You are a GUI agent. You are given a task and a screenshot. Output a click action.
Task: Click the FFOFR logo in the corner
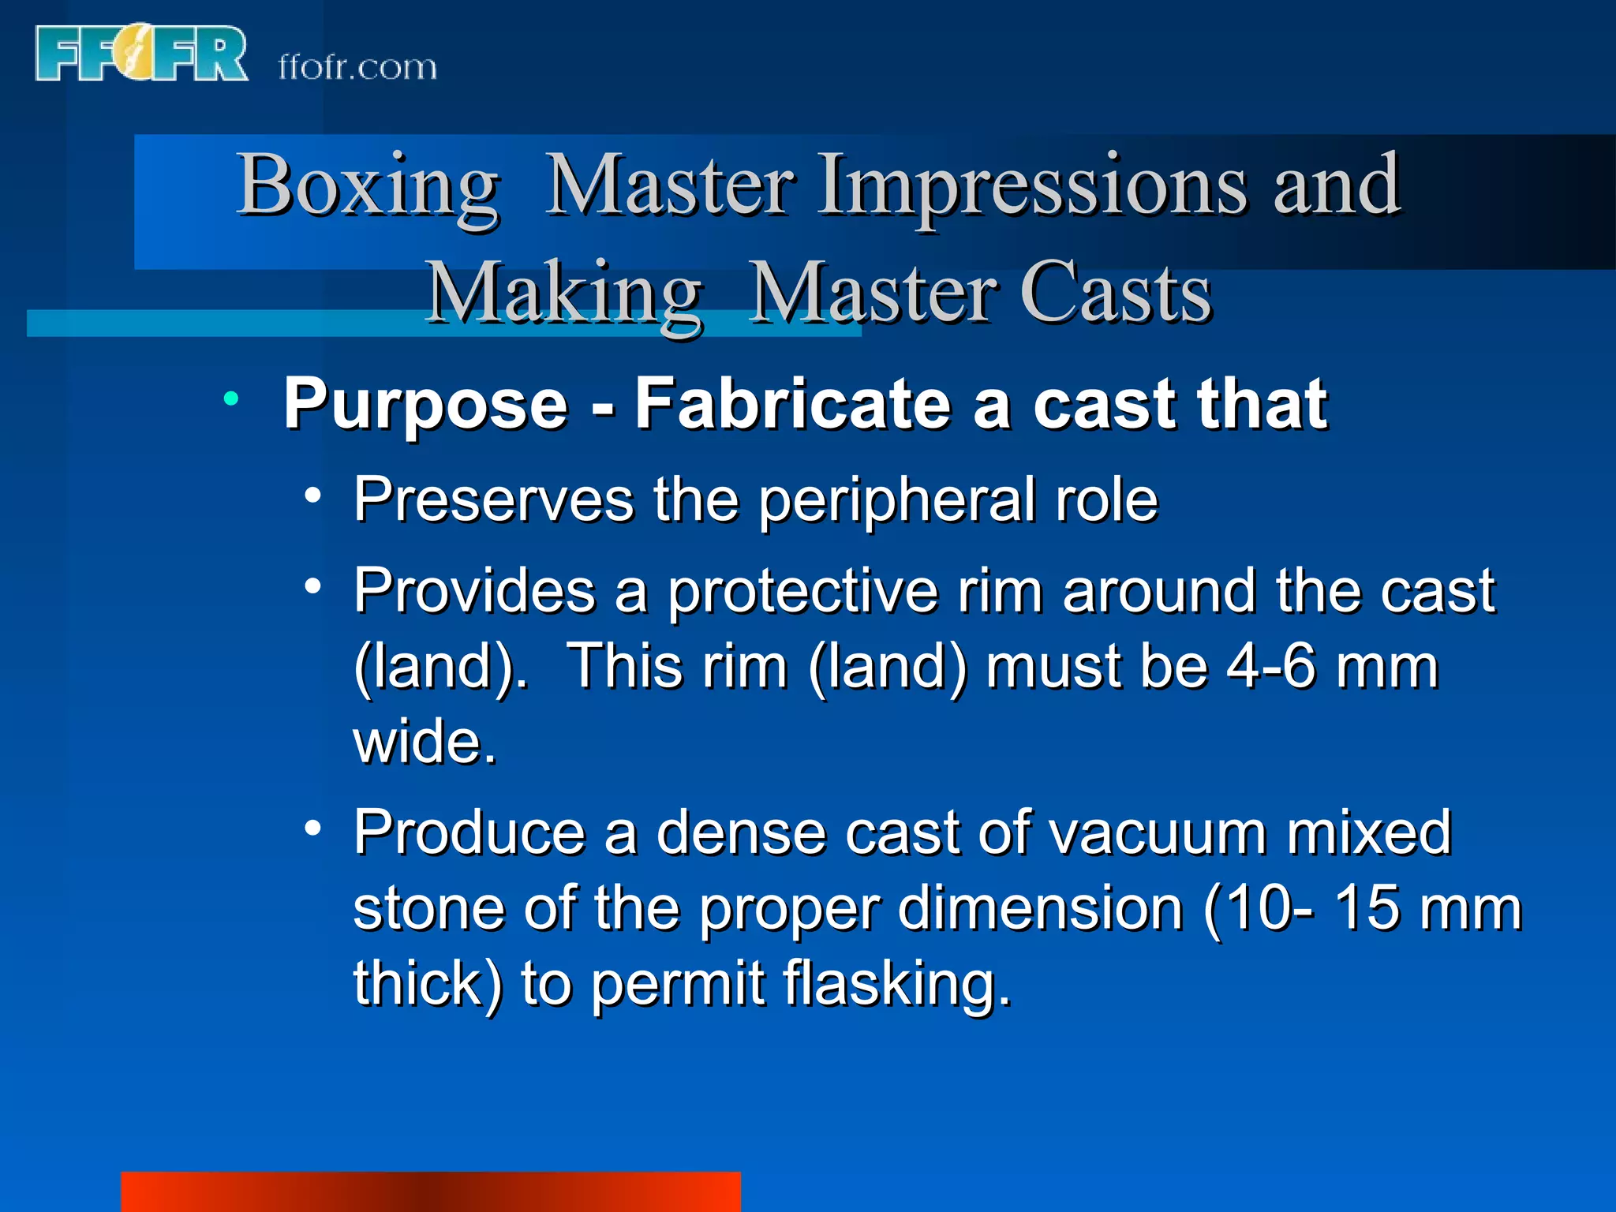[x=140, y=54]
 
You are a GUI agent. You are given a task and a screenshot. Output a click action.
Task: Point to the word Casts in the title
[x=1116, y=294]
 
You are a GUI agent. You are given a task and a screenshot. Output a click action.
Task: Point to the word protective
[x=802, y=593]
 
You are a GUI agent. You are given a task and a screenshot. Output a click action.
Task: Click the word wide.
[x=425, y=743]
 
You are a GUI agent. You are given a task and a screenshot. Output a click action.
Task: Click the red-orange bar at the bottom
[x=430, y=1191]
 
